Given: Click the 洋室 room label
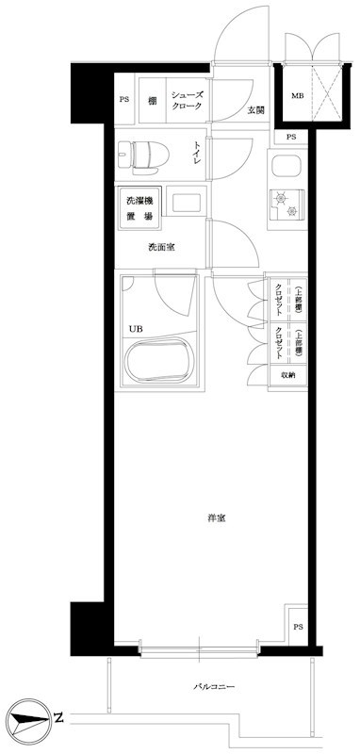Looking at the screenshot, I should tap(215, 517).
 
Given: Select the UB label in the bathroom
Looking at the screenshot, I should tap(138, 329).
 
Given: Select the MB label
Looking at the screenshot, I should tap(297, 96).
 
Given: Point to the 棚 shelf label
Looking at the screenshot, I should tap(151, 100).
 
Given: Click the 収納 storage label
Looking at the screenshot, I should tap(286, 375).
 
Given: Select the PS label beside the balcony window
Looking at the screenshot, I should tap(298, 628).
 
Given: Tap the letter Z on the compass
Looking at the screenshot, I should tap(58, 718).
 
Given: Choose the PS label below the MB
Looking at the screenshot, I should tap(289, 137).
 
